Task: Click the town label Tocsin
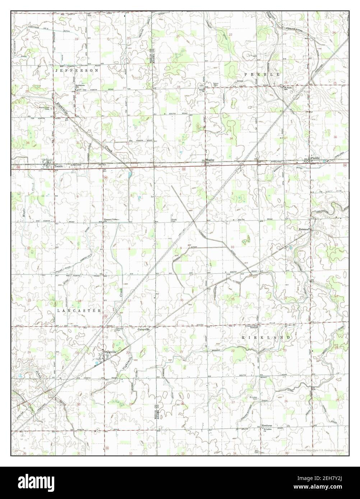[58, 167]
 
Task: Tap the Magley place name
[210, 160]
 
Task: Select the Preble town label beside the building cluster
[315, 158]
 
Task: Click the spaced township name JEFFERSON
[77, 71]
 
